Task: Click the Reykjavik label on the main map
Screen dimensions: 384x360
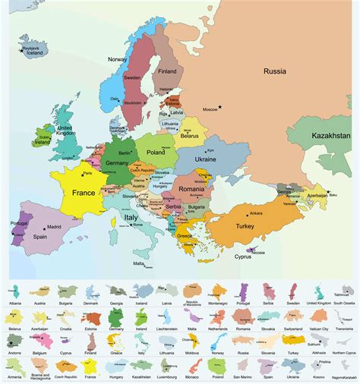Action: [30, 46]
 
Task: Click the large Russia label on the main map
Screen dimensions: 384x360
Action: [274, 71]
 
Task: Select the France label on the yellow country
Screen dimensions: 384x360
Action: [83, 193]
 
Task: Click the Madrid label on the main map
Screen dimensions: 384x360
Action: [53, 227]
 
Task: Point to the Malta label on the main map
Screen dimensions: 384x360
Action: [138, 263]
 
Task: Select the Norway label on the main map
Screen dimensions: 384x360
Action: [117, 59]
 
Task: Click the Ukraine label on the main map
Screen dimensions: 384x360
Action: [206, 160]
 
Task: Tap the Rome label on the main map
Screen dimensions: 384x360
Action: [137, 224]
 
